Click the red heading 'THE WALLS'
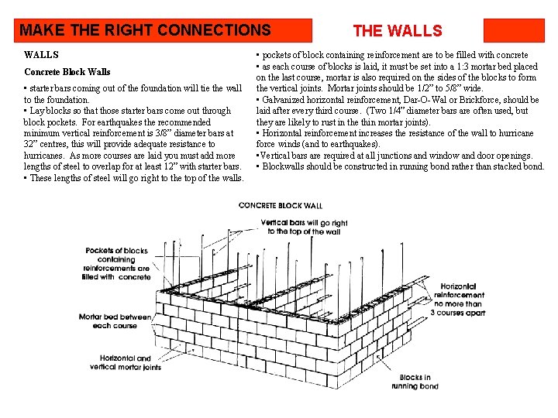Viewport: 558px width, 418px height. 397,31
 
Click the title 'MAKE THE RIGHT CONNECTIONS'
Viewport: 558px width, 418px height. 145,31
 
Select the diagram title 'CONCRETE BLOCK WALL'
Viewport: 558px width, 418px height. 281,205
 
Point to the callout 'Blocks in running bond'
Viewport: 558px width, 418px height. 415,382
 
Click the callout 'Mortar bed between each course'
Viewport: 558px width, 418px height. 114,321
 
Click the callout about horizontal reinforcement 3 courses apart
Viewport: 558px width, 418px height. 460,300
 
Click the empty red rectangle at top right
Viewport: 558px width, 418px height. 514,31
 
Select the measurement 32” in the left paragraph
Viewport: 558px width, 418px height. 33,144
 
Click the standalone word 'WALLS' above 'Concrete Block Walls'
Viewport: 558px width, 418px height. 41,55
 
